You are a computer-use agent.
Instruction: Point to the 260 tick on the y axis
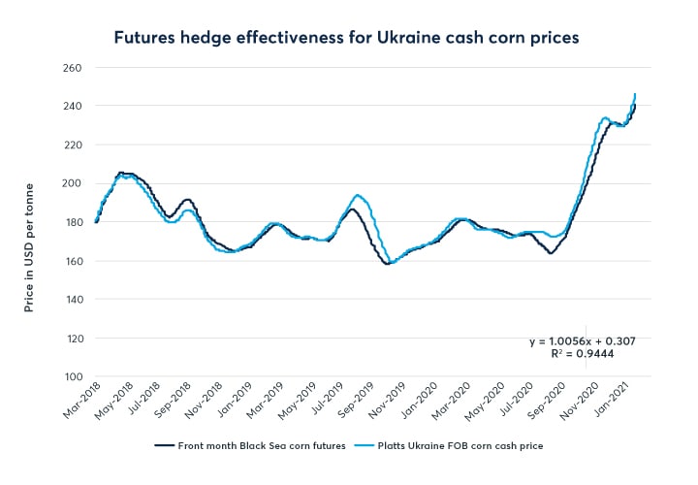click(x=74, y=68)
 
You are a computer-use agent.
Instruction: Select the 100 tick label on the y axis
click(x=74, y=376)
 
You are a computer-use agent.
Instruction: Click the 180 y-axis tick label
click(x=74, y=222)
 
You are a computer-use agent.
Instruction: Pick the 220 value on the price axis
click(x=74, y=145)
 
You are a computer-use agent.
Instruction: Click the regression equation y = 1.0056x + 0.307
click(x=582, y=341)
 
